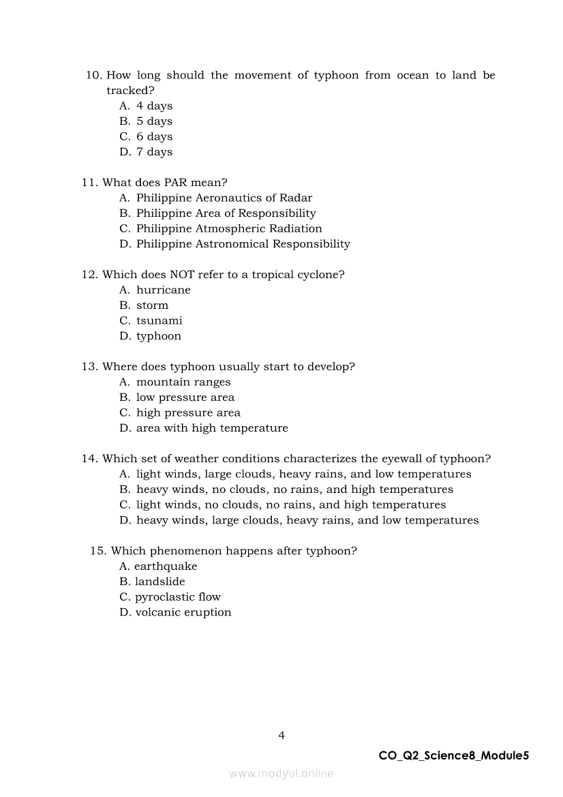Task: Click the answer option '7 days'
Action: (154, 152)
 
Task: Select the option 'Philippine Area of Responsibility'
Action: (226, 213)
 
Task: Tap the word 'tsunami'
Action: (159, 320)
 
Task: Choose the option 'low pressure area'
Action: (185, 397)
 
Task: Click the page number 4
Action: (281, 735)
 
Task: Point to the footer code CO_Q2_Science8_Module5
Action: (453, 755)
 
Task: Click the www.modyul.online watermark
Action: (281, 773)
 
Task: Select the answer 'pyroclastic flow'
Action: (177, 597)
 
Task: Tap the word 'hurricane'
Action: (163, 290)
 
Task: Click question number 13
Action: (90, 367)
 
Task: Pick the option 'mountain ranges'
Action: (183, 382)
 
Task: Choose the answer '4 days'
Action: (154, 106)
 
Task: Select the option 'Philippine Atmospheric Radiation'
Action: (228, 228)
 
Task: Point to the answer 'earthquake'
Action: (166, 567)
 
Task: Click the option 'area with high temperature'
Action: (211, 428)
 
